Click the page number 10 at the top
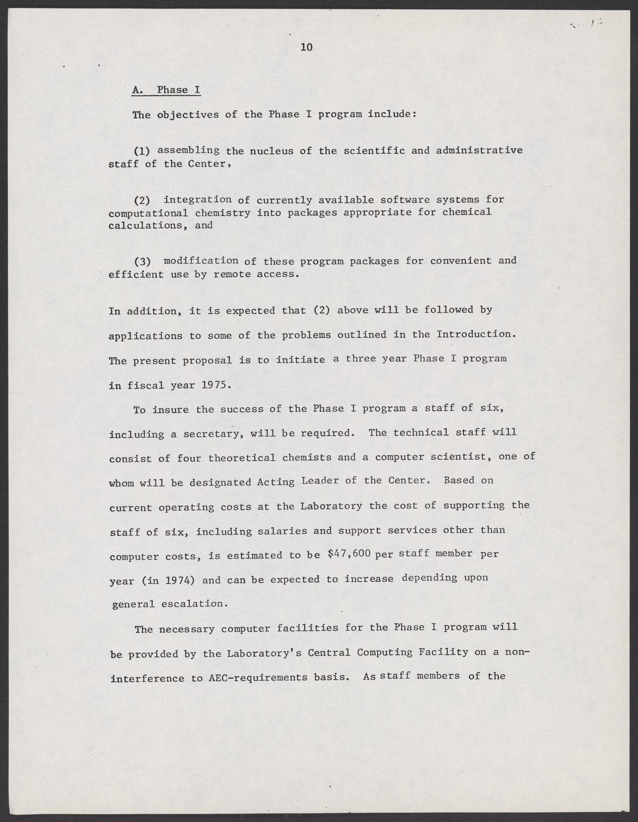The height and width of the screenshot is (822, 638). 306,47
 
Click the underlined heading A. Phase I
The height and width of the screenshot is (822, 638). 166,90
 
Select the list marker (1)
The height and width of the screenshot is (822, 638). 142,150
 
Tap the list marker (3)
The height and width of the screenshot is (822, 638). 142,261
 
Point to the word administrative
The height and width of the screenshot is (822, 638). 479,150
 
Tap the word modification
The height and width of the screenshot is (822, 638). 201,260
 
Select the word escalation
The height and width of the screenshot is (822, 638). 197,604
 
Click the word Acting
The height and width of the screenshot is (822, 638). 275,482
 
